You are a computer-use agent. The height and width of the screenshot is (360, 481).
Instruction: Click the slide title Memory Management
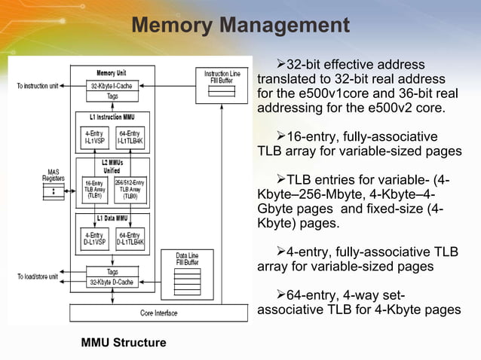click(240, 26)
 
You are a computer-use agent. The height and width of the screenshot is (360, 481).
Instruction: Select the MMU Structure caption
click(124, 343)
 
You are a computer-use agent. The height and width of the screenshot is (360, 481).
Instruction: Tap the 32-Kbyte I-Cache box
click(112, 86)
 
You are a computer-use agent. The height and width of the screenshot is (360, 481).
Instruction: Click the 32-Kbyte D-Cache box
click(112, 282)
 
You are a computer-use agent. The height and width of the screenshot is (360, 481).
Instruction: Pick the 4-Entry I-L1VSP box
click(94, 137)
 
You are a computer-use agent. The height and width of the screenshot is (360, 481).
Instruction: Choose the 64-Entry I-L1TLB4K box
click(130, 137)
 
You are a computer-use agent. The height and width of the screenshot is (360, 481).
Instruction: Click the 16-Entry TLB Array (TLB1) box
click(94, 189)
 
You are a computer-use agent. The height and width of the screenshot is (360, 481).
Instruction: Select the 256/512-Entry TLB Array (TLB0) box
click(130, 189)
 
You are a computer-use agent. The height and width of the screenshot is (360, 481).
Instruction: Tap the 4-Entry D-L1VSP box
click(94, 238)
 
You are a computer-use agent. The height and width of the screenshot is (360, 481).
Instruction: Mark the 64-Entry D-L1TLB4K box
click(130, 238)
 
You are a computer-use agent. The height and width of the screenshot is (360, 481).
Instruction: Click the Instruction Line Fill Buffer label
click(222, 77)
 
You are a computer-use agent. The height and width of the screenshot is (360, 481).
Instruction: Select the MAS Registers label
click(53, 176)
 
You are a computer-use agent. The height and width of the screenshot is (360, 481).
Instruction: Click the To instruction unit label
click(38, 86)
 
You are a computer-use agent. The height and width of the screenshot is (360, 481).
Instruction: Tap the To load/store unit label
click(38, 277)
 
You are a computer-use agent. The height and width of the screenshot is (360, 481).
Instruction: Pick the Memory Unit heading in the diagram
click(112, 72)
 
